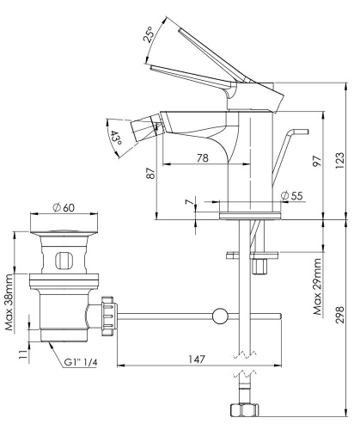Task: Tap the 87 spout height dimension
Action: coord(152,174)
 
